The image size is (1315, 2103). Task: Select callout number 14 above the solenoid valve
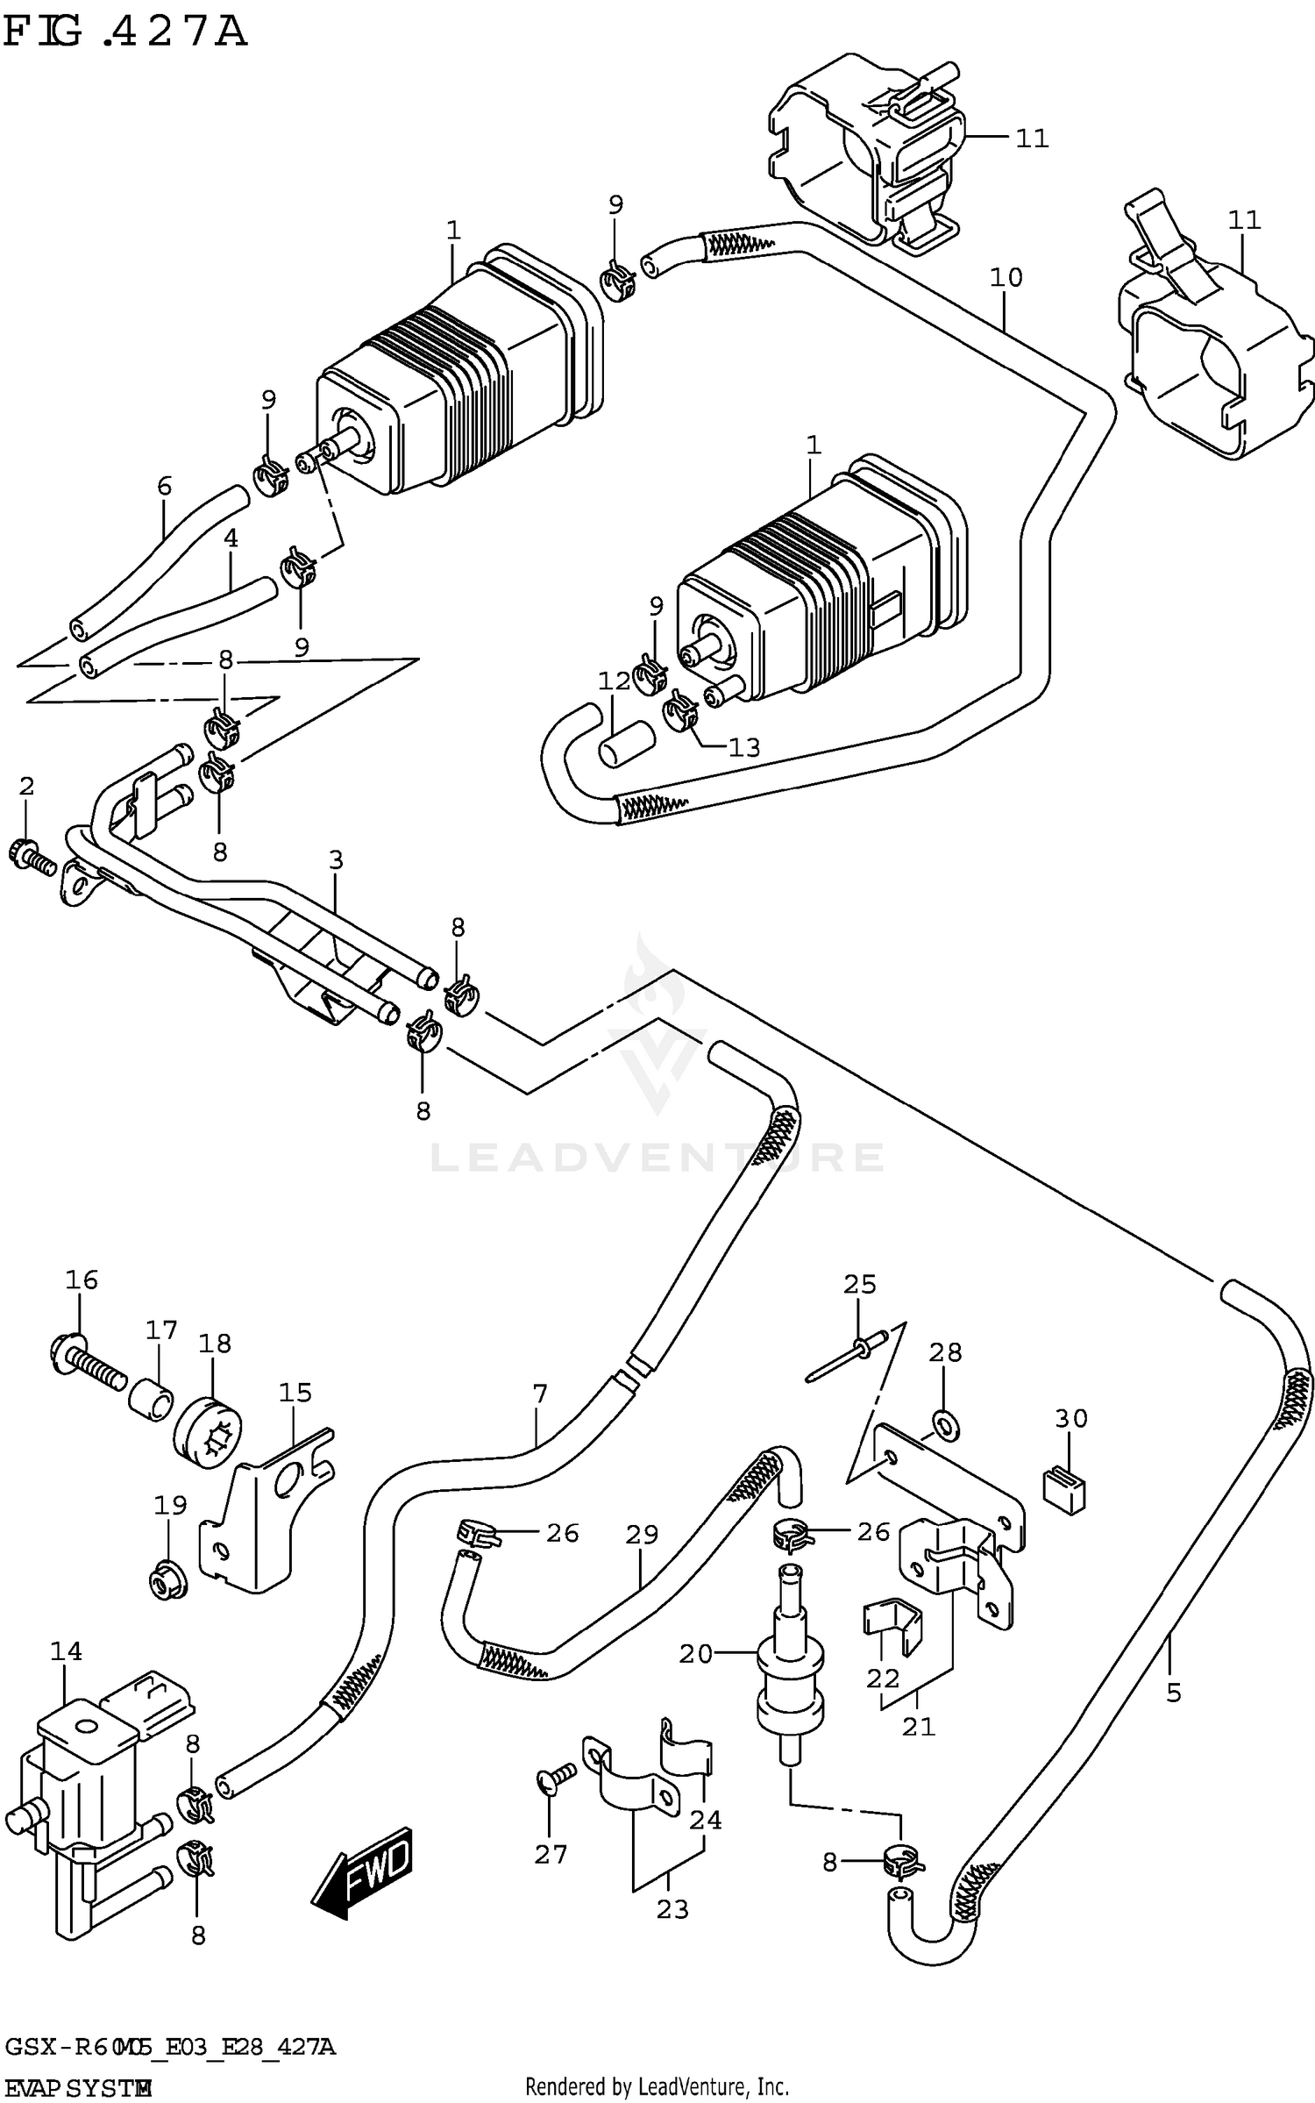(66, 1651)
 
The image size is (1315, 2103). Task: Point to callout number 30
(1071, 1418)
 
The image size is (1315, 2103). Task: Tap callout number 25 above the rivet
(859, 1285)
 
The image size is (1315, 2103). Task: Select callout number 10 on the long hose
(1006, 278)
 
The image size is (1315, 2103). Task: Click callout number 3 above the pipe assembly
(336, 860)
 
